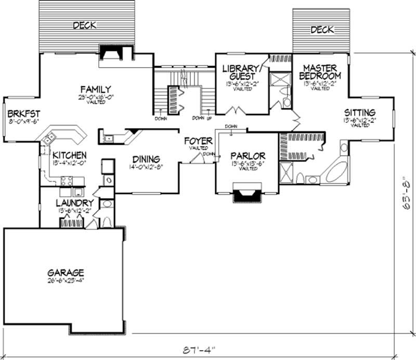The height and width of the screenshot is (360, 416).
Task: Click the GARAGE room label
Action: [66, 272]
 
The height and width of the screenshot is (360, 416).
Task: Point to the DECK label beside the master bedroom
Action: [322, 30]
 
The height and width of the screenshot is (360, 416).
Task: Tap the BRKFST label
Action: [21, 114]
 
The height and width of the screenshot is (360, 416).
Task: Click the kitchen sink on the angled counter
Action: [50, 138]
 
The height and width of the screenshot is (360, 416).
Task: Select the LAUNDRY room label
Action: [74, 203]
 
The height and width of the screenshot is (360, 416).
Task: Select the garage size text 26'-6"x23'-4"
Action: [66, 280]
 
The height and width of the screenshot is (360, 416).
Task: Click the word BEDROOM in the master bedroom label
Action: [321, 75]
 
